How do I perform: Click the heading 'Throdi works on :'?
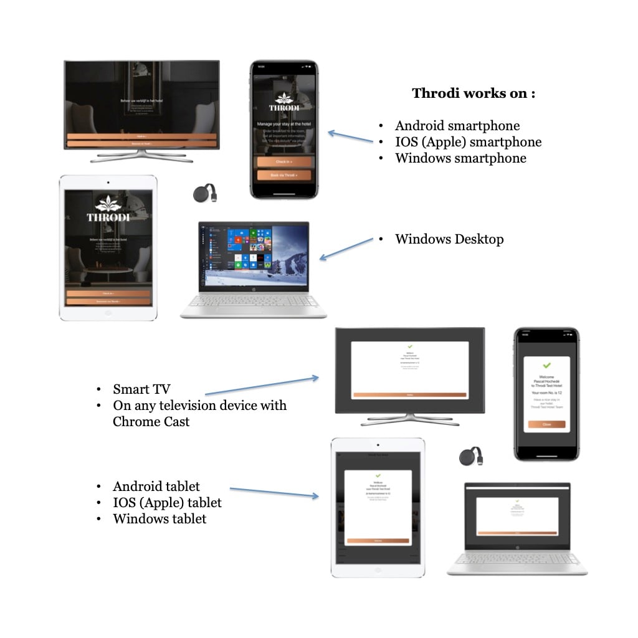pos(474,93)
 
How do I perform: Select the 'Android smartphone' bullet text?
pos(457,126)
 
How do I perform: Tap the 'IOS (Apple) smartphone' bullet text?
pos(468,142)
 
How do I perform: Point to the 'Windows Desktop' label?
pos(449,239)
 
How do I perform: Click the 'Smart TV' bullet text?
pos(141,389)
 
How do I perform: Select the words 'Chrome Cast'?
pos(151,422)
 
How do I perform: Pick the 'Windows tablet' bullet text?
pos(159,518)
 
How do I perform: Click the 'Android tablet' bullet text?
pos(156,487)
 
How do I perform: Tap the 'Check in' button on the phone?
pos(283,162)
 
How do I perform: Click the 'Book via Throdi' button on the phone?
pos(283,176)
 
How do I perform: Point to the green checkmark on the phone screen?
pos(546,365)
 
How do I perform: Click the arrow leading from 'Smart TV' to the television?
pos(262,386)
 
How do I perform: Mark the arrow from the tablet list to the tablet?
pos(274,493)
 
